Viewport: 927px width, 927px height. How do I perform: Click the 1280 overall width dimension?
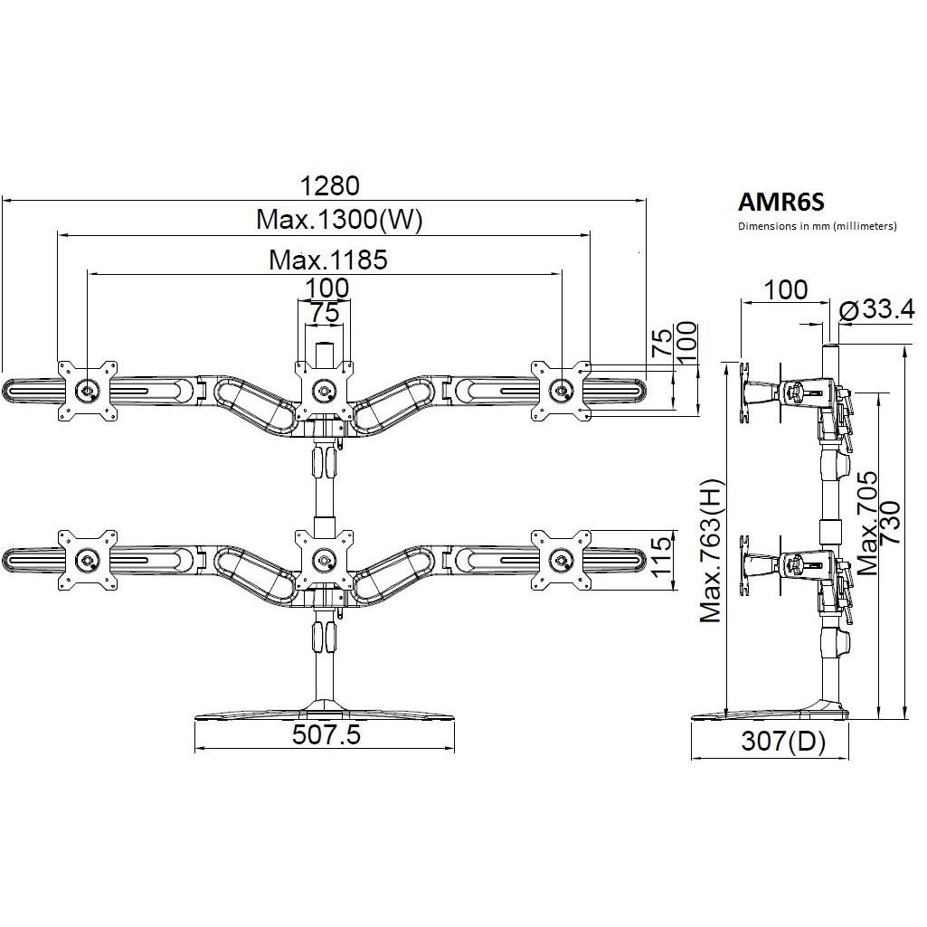click(329, 185)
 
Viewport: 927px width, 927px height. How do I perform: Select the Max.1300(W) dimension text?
click(339, 220)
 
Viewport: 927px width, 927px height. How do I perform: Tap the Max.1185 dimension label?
click(328, 260)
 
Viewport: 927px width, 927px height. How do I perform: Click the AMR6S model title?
click(780, 203)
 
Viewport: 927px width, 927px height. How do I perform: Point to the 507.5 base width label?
click(326, 735)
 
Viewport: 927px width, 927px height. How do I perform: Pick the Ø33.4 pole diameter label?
click(876, 308)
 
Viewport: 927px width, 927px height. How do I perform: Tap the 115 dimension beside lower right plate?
click(661, 555)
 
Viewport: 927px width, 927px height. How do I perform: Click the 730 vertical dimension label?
click(889, 523)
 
